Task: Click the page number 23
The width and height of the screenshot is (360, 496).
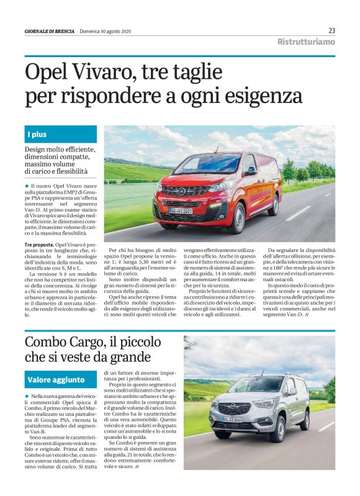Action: click(x=331, y=31)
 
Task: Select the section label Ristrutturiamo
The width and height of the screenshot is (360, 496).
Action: click(x=306, y=42)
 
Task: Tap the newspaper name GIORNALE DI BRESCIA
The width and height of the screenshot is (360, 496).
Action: click(x=49, y=32)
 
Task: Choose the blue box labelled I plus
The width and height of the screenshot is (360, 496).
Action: click(x=61, y=134)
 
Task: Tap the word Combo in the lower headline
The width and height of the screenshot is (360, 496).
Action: click(x=47, y=342)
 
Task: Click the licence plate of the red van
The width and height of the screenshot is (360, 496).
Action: click(x=181, y=210)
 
